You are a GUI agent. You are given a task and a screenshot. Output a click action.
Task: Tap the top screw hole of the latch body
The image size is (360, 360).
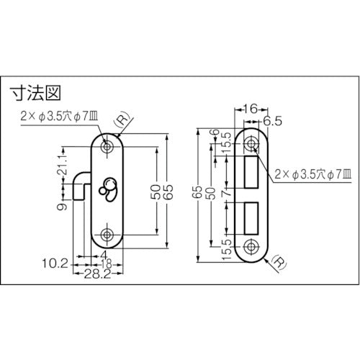(108, 146)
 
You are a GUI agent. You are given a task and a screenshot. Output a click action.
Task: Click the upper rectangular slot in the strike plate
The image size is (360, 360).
(251, 170)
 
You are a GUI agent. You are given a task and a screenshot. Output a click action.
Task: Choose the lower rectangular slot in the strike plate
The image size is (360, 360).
(251, 215)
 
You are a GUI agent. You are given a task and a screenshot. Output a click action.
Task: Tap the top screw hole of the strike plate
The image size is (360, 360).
(251, 141)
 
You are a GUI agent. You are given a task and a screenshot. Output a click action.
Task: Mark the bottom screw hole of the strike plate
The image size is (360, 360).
(251, 245)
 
